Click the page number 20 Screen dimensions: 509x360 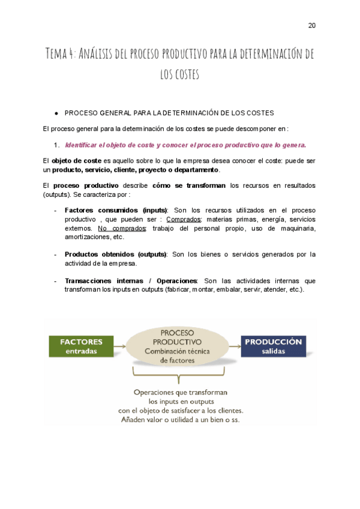click(311, 25)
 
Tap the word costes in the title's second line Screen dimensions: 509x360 click(187, 75)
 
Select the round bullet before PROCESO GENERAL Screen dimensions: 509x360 click(56, 113)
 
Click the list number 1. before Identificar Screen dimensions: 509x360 click(56, 145)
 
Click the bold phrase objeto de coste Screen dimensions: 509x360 click(76, 161)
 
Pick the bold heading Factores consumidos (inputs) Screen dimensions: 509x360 click(116, 210)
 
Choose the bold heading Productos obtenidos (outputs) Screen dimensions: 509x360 click(115, 254)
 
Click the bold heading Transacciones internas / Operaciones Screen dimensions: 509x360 click(131, 280)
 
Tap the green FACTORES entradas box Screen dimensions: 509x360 click(81, 346)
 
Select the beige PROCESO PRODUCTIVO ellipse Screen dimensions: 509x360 click(177, 346)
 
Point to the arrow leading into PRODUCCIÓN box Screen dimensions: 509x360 click(234, 346)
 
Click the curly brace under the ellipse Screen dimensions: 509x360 click(177, 376)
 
